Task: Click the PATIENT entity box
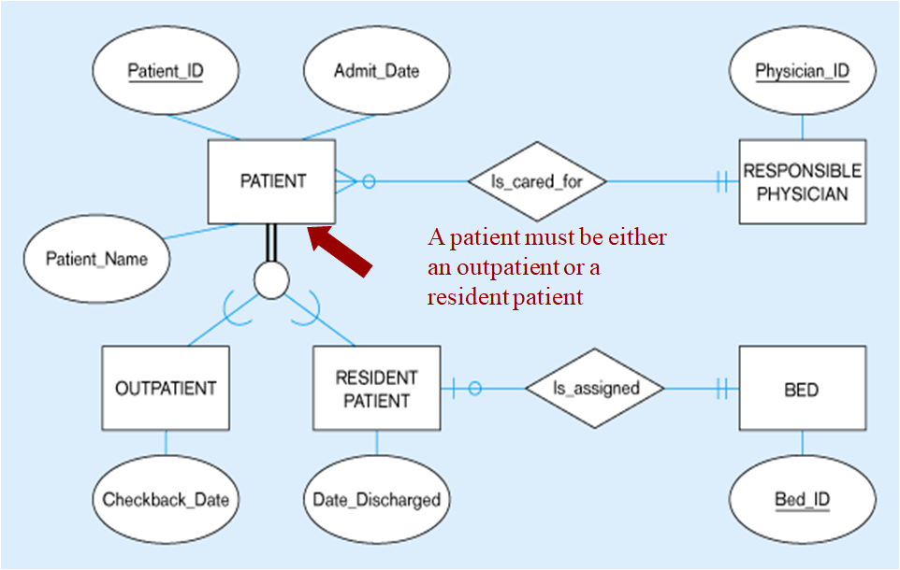click(271, 181)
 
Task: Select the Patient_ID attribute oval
click(166, 71)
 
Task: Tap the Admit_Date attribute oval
click(376, 71)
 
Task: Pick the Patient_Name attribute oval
click(97, 259)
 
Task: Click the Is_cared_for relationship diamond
click(536, 181)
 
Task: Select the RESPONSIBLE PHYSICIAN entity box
click(802, 181)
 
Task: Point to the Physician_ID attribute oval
click(802, 71)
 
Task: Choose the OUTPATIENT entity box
click(166, 388)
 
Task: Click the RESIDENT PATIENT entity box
click(376, 388)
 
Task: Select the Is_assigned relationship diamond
click(595, 388)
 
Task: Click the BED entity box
click(802, 388)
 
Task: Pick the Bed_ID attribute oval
click(802, 499)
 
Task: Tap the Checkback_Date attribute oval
click(166, 499)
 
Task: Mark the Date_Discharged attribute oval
click(376, 499)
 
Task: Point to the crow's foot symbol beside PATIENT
click(345, 181)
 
